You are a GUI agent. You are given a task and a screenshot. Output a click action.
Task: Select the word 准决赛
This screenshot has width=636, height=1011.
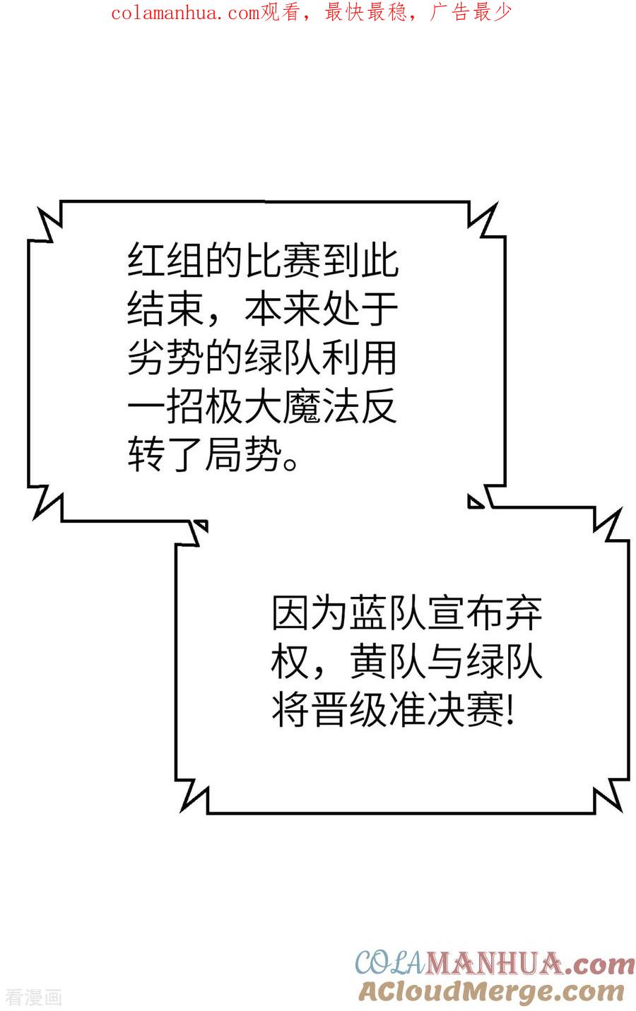coord(445,709)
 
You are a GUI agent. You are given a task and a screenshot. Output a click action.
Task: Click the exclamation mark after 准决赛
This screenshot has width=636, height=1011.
coord(510,710)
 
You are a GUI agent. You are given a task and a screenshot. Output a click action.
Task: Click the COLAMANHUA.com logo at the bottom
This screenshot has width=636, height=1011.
coord(495,963)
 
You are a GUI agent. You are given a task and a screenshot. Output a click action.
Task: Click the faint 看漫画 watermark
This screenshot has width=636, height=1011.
coord(33,998)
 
